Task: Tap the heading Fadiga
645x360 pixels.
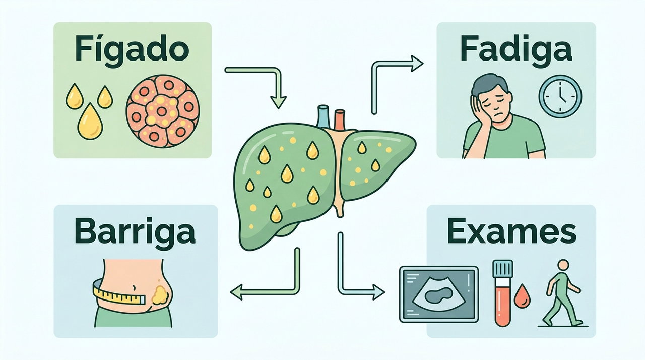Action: pyautogui.click(x=515, y=51)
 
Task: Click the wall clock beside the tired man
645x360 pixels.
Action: pyautogui.click(x=560, y=96)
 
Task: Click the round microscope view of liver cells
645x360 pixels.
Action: pyautogui.click(x=163, y=111)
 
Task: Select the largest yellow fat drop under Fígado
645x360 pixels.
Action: pyautogui.click(x=90, y=121)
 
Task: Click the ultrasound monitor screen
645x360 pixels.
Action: pyautogui.click(x=439, y=294)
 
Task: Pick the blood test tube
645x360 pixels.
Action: pyautogui.click(x=502, y=293)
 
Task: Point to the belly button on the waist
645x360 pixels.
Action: pyautogui.click(x=134, y=287)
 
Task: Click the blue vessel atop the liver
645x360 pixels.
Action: pyautogui.click(x=323, y=116)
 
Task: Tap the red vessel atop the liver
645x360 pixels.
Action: pyautogui.click(x=340, y=119)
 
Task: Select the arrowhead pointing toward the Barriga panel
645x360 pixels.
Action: pyautogui.click(x=237, y=292)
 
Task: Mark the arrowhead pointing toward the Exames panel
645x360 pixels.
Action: pyautogui.click(x=378, y=292)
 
